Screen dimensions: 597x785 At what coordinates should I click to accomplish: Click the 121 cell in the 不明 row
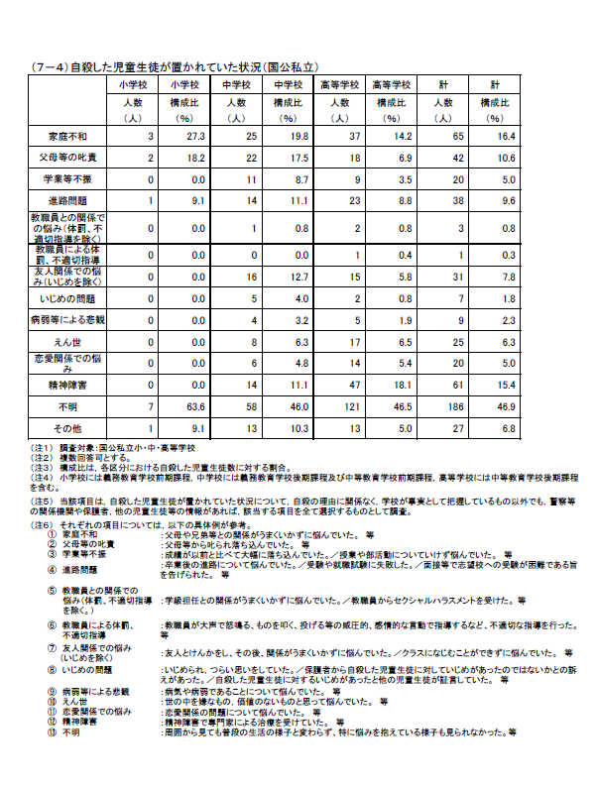[x=343, y=407]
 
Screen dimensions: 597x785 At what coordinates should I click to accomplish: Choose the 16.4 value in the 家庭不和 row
[x=508, y=134]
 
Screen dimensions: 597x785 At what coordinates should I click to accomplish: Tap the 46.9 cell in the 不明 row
[x=508, y=407]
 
